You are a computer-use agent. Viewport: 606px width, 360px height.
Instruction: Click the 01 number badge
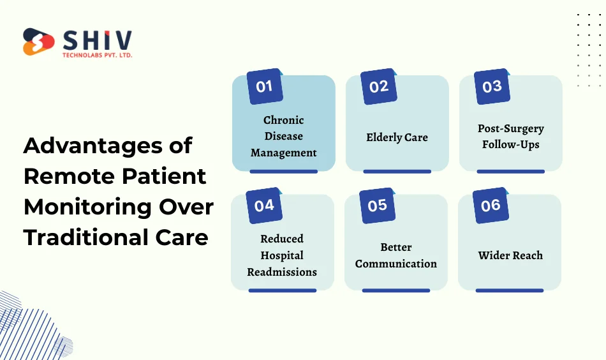264,87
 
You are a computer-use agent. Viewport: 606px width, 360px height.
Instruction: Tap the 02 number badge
378,87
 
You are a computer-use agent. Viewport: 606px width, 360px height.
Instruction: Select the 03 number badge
492,87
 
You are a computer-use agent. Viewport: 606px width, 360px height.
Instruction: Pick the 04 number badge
264,206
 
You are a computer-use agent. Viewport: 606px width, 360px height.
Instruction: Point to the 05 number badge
378,206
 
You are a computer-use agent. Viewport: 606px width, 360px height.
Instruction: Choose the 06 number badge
491,206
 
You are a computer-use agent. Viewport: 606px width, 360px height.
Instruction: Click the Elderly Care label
397,137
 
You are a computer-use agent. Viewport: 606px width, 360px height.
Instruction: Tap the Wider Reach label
510,255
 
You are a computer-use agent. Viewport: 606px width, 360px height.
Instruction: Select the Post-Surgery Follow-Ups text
510,137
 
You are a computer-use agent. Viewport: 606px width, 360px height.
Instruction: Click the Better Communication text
396,255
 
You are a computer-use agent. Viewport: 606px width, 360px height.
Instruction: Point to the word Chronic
284,120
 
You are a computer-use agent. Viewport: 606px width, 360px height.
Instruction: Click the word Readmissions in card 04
282,272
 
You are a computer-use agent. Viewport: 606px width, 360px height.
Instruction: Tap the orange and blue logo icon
38,42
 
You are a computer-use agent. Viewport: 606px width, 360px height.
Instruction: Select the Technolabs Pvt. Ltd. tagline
97,55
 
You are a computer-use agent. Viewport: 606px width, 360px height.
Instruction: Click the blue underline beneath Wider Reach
510,290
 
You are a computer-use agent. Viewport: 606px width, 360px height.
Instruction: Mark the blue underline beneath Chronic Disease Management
283,172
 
